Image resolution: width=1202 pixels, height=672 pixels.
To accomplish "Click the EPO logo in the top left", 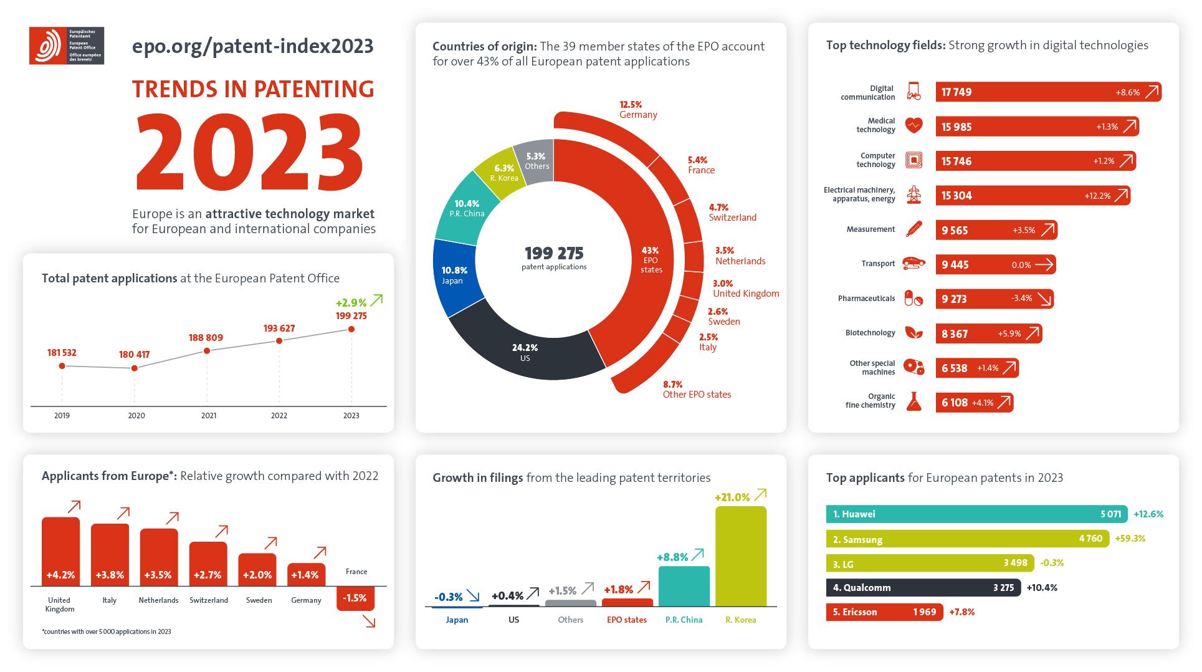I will pos(66,46).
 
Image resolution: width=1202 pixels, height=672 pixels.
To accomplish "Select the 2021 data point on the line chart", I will pos(207,351).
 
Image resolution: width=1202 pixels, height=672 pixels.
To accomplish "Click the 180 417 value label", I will pos(134,355).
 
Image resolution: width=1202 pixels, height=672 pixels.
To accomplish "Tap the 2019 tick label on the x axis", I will pos(62,415).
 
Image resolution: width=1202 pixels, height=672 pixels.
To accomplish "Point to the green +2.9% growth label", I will pos(351,303).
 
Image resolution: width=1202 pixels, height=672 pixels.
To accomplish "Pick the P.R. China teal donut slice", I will pos(466,209).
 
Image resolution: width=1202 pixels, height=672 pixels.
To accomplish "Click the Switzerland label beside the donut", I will pos(732,218).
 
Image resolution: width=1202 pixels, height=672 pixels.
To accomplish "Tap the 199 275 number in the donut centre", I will pos(553,253).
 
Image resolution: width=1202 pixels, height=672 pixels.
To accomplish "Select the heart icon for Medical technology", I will pos(913,126).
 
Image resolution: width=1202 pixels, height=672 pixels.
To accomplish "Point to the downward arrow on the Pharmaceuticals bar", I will pos(1045,299).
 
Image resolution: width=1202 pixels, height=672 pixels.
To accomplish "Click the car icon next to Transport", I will pos(913,264).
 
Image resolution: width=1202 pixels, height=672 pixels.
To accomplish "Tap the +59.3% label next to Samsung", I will pos(1130,539).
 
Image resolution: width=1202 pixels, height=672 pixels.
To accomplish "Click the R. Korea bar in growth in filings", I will pos(740,556).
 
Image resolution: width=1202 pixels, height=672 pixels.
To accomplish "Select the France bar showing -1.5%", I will pos(355,598).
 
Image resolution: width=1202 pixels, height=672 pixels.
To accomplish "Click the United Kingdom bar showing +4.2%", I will pos(60,552).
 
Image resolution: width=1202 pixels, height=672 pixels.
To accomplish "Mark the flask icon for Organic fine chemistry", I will pos(913,401).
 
